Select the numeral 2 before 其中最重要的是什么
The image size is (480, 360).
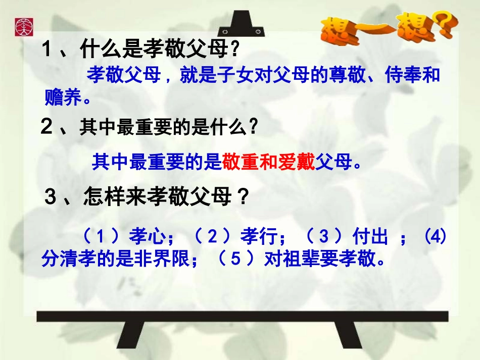pos(46,128)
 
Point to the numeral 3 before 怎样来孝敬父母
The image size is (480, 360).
pos(50,197)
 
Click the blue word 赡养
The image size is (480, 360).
pos(63,98)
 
